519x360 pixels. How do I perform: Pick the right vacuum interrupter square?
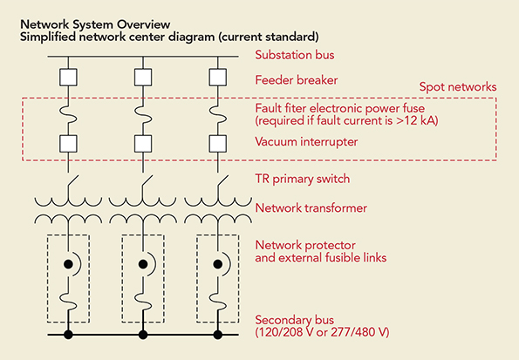click(x=217, y=140)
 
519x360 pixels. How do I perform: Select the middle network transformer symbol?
click(x=142, y=209)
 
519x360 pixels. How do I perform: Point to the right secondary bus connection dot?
click(x=217, y=334)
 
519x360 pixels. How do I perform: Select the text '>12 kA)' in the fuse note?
click(x=417, y=120)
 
